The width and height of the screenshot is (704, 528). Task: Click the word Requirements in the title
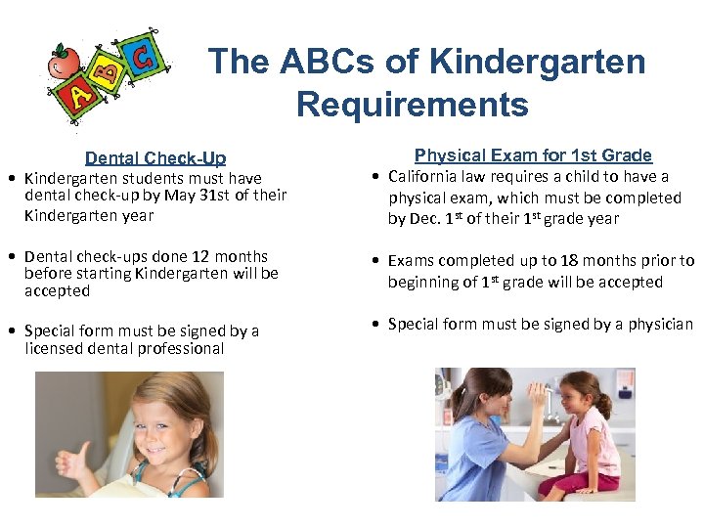[412, 104]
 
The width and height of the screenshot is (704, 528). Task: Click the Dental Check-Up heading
[155, 157]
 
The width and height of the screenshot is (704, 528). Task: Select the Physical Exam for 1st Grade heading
[533, 154]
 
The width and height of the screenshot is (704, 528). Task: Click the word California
[426, 177]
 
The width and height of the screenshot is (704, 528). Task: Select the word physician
[656, 324]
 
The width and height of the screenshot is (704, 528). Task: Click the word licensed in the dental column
[56, 348]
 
